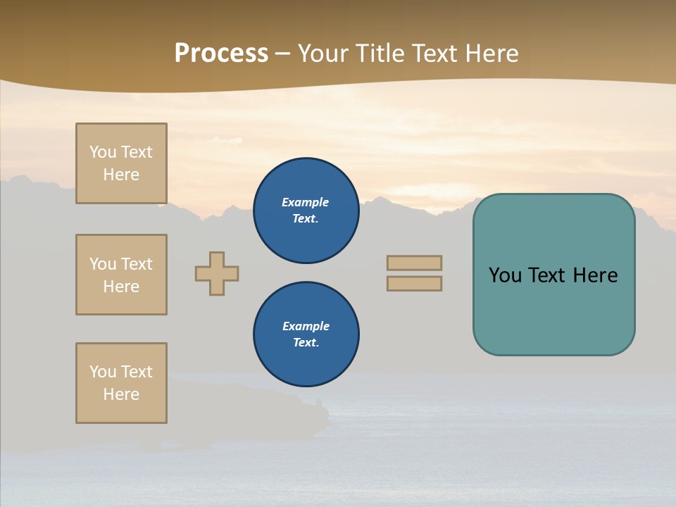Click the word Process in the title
pos(221,54)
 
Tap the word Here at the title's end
pos(489,54)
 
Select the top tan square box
pos(121,163)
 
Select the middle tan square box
pos(121,275)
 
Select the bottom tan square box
pos(121,383)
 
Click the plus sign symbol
pos(217,273)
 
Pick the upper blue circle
pos(306,211)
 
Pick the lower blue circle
pos(306,334)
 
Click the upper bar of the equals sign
pos(414,263)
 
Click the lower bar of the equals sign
pos(414,283)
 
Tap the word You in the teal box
pos(505,275)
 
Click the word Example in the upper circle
pos(306,202)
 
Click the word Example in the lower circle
pos(306,326)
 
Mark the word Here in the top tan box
pos(121,175)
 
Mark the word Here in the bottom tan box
pos(121,394)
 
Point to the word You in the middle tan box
pos(102,264)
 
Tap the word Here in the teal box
pos(595,275)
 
